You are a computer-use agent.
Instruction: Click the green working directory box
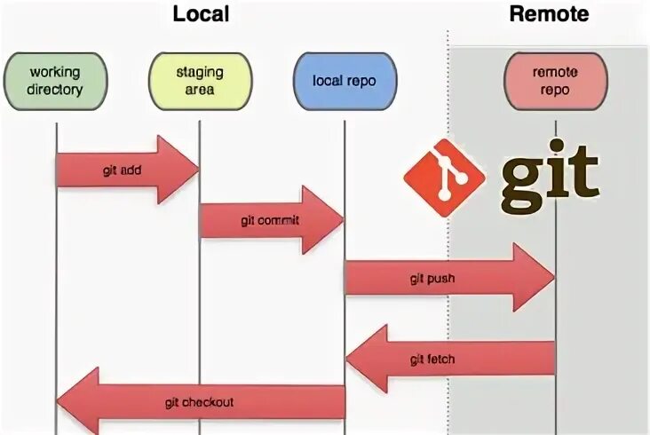[x=56, y=81]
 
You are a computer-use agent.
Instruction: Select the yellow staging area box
[x=200, y=81]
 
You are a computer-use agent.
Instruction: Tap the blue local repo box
[x=344, y=81]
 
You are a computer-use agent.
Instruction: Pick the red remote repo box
[x=555, y=81]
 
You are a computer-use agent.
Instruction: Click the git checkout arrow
[x=205, y=402]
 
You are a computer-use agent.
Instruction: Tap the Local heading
[x=200, y=14]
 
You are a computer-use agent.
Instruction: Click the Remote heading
[x=548, y=14]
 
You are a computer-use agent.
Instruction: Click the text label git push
[x=432, y=279]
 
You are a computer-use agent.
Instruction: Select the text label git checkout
[x=199, y=402]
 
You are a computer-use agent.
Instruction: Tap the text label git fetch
[x=432, y=359]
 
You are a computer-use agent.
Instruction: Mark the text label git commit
[x=269, y=220]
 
